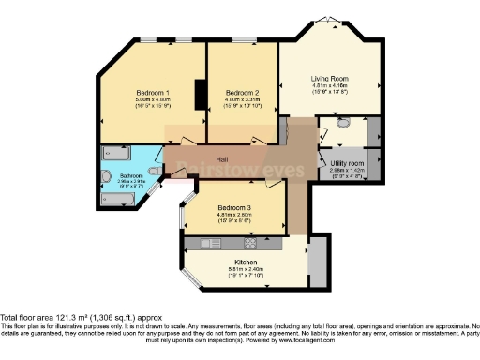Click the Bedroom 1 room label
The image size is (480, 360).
coord(152,93)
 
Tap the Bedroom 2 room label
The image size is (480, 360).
coord(242,93)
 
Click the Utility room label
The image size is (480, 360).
coord(346,163)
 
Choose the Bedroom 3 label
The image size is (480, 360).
coord(234,208)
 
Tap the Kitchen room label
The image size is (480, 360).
coord(247,262)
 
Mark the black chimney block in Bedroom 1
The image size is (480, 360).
coord(200,95)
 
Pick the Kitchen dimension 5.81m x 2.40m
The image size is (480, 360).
coord(247,270)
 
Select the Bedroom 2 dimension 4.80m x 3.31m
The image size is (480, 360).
coord(242,100)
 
